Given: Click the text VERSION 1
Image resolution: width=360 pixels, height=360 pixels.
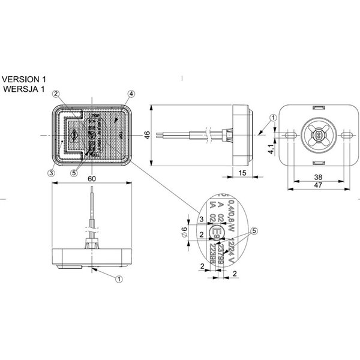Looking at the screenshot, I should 24,79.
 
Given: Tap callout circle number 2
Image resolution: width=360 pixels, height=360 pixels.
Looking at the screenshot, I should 55,94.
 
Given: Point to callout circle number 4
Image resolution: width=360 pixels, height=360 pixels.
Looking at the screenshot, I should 131,94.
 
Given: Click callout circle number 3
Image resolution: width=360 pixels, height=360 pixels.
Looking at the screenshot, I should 52,172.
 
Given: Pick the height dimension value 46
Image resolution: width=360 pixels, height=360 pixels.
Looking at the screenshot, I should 147,136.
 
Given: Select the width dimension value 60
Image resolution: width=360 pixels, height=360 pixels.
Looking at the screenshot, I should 91,179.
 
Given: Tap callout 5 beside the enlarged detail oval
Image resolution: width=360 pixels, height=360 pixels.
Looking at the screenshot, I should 254,230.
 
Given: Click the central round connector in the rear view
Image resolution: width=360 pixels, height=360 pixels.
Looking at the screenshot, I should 316,136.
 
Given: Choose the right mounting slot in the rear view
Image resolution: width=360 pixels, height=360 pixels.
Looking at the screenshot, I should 345,136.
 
